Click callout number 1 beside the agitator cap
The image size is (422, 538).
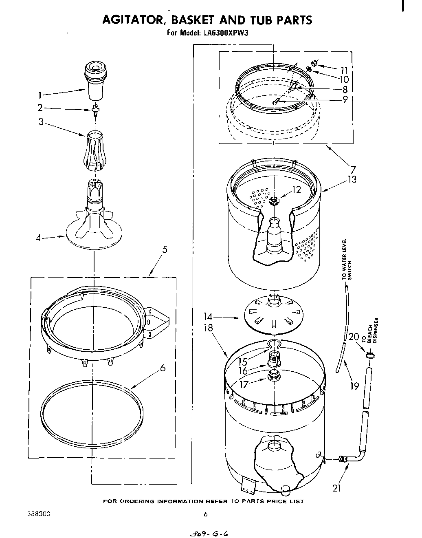click(40, 96)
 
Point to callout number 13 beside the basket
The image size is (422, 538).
click(352, 179)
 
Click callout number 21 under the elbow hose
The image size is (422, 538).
click(336, 487)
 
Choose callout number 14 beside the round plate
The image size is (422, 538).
click(209, 316)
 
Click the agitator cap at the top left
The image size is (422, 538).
click(95, 76)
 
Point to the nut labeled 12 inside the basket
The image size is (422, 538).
click(274, 200)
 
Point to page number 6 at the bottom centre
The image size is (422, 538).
click(206, 514)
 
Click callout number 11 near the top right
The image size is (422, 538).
click(344, 69)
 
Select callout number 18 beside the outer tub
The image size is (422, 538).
click(209, 328)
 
